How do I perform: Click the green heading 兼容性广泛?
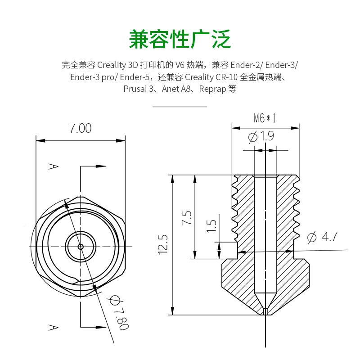pos(180,39)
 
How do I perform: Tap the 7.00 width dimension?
pos(80,128)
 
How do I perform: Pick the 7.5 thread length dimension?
pos(188,218)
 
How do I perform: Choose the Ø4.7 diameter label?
pos(322,237)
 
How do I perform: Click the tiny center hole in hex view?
pos(80,246)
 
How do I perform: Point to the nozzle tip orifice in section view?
pos(265,311)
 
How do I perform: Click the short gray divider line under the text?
pos(180,107)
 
